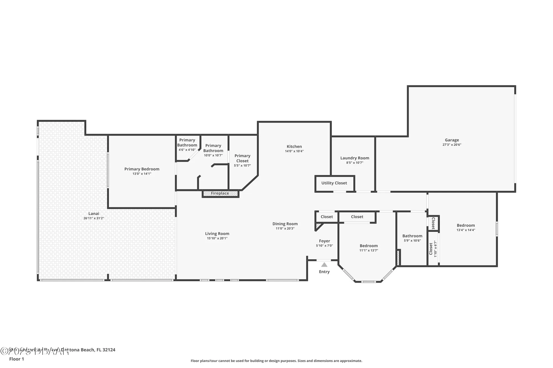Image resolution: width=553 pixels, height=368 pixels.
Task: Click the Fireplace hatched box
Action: point(220,194)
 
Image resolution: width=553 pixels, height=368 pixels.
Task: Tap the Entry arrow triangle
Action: point(324,265)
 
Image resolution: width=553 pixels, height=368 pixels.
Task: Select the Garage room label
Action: point(452,140)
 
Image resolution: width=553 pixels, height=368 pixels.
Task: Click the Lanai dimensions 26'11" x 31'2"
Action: point(94,218)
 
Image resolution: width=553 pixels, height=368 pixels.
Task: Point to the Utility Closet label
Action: point(334,183)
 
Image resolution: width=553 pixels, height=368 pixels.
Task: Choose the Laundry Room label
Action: point(355,158)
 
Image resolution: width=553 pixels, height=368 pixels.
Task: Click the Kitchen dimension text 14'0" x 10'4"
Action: point(294,151)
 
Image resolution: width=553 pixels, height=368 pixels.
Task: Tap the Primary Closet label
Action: point(242,158)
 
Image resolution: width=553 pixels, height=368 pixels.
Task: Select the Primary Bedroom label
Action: point(142,169)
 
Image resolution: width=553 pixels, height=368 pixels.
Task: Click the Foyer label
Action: point(324,241)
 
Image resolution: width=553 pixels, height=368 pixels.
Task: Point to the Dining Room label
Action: point(285,224)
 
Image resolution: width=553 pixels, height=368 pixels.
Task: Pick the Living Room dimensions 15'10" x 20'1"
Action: point(217,239)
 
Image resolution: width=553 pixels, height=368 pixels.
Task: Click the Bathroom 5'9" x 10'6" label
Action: point(412,236)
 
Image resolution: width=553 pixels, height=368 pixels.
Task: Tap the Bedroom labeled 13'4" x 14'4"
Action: point(466,226)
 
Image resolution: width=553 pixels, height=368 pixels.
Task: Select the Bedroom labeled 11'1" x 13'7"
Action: point(369,246)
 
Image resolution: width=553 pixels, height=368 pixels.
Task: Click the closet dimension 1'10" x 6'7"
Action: point(435,249)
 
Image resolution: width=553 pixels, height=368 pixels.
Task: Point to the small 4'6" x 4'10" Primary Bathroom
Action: point(187,143)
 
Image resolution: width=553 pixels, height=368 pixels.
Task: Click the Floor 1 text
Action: point(17,359)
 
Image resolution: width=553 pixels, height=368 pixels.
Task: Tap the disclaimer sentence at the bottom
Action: point(276,361)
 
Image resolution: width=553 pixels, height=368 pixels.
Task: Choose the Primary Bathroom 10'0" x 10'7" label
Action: point(213,148)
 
